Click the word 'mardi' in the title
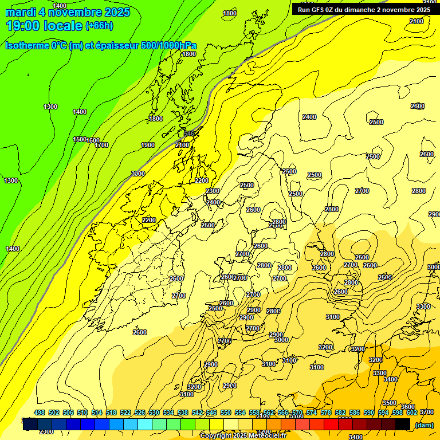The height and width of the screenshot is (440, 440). click(x=22, y=12)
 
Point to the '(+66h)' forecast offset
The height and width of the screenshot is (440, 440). click(x=99, y=26)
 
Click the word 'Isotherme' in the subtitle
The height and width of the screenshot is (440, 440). click(x=27, y=46)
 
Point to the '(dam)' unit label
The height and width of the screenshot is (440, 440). click(x=423, y=425)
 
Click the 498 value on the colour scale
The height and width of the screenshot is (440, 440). click(x=40, y=413)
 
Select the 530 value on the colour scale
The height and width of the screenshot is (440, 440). click(x=154, y=413)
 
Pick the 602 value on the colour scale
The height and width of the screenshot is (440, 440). click(x=412, y=413)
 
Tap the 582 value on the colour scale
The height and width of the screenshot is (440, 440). click(x=340, y=413)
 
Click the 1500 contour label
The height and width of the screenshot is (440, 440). click(x=80, y=140)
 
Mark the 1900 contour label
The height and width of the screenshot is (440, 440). click(x=148, y=145)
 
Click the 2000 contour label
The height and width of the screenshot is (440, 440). click(x=138, y=174)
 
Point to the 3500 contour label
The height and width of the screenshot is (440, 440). click(x=390, y=403)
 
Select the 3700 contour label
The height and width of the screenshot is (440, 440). click(x=426, y=412)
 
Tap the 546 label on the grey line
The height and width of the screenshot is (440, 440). click(x=189, y=133)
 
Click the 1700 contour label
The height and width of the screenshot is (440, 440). click(x=101, y=145)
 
